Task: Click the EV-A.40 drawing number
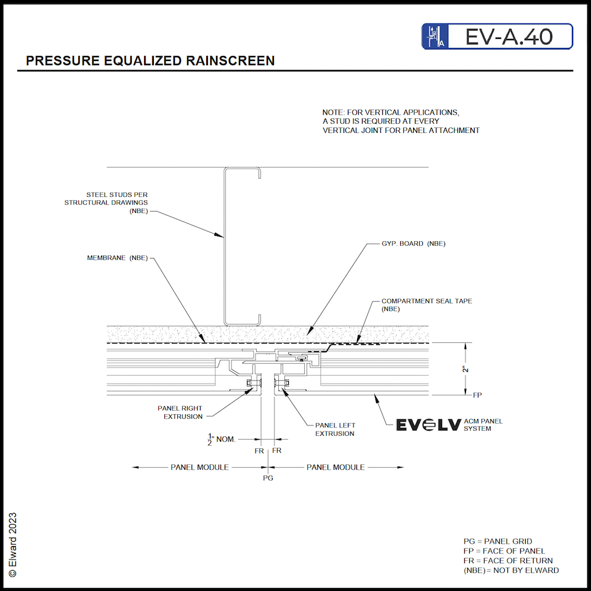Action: click(x=509, y=37)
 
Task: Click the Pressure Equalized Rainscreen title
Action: click(x=150, y=60)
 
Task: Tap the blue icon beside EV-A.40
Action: click(x=435, y=37)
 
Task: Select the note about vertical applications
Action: click(x=401, y=121)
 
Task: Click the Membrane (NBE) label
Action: click(x=117, y=258)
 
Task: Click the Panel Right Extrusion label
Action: click(x=180, y=412)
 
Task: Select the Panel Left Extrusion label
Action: click(x=335, y=429)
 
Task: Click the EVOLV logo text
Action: click(x=428, y=425)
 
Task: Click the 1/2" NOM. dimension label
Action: click(x=222, y=439)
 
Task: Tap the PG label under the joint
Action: click(x=268, y=478)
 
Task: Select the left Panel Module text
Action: click(x=199, y=467)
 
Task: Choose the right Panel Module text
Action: click(x=336, y=467)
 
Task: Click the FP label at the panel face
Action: click(x=476, y=395)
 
